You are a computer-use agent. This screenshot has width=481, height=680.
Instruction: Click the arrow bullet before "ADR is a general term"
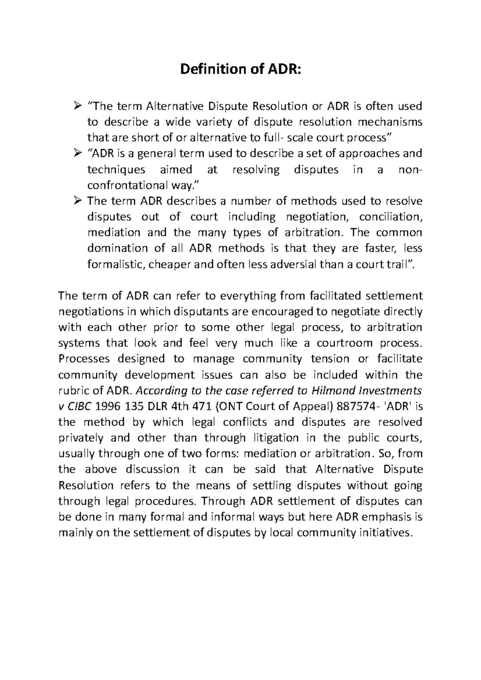point(77,153)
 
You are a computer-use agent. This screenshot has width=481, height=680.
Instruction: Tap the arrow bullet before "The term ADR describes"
point(77,201)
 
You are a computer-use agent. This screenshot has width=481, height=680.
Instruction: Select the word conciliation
point(390,217)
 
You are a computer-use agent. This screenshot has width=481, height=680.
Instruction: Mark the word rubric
point(72,391)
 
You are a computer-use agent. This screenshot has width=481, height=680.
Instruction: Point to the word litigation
point(274,438)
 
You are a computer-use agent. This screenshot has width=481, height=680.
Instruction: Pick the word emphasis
point(387,517)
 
